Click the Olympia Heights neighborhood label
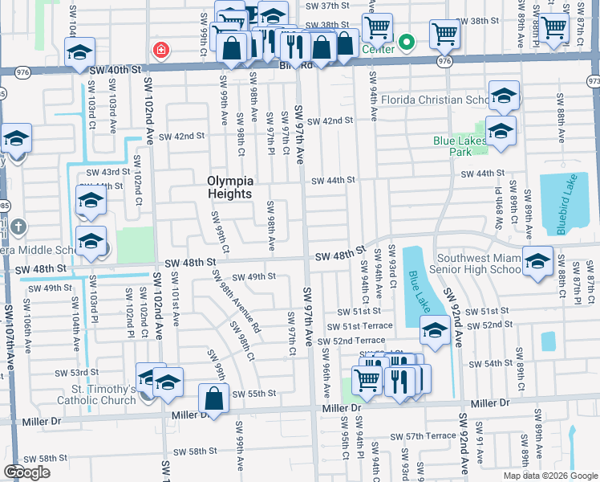230,187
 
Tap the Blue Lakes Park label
460,145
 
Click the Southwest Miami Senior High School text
475,263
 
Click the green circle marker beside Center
407,42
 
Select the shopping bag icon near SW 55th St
215,398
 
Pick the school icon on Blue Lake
434,330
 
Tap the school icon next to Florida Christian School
503,98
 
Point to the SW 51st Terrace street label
360,325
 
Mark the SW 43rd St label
108,172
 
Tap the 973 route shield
594,81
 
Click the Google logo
27,472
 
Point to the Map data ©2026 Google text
549,475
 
